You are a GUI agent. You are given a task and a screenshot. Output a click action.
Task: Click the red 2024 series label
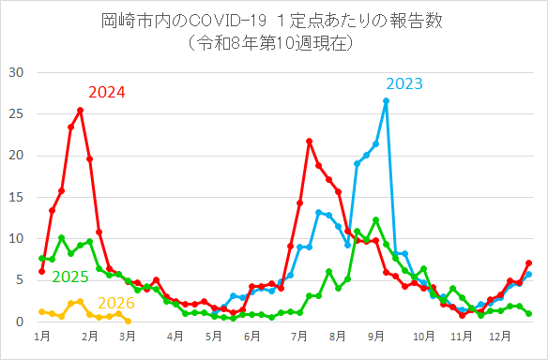107,92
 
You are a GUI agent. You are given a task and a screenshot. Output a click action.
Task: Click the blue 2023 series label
403,84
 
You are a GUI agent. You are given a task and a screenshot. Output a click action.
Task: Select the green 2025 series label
70,277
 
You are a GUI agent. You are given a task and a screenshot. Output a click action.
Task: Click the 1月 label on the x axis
42,336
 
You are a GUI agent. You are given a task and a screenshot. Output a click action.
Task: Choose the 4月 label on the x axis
175,336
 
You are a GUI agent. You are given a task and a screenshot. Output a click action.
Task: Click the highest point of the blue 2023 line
386,100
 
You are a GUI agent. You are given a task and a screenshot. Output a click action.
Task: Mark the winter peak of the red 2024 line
80,110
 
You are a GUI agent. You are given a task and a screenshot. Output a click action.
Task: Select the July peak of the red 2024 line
309,141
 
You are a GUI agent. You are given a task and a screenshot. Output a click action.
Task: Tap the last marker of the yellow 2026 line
128,321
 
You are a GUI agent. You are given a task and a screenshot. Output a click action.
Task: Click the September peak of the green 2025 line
375,219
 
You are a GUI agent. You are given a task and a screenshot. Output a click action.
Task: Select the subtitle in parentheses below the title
273,42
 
